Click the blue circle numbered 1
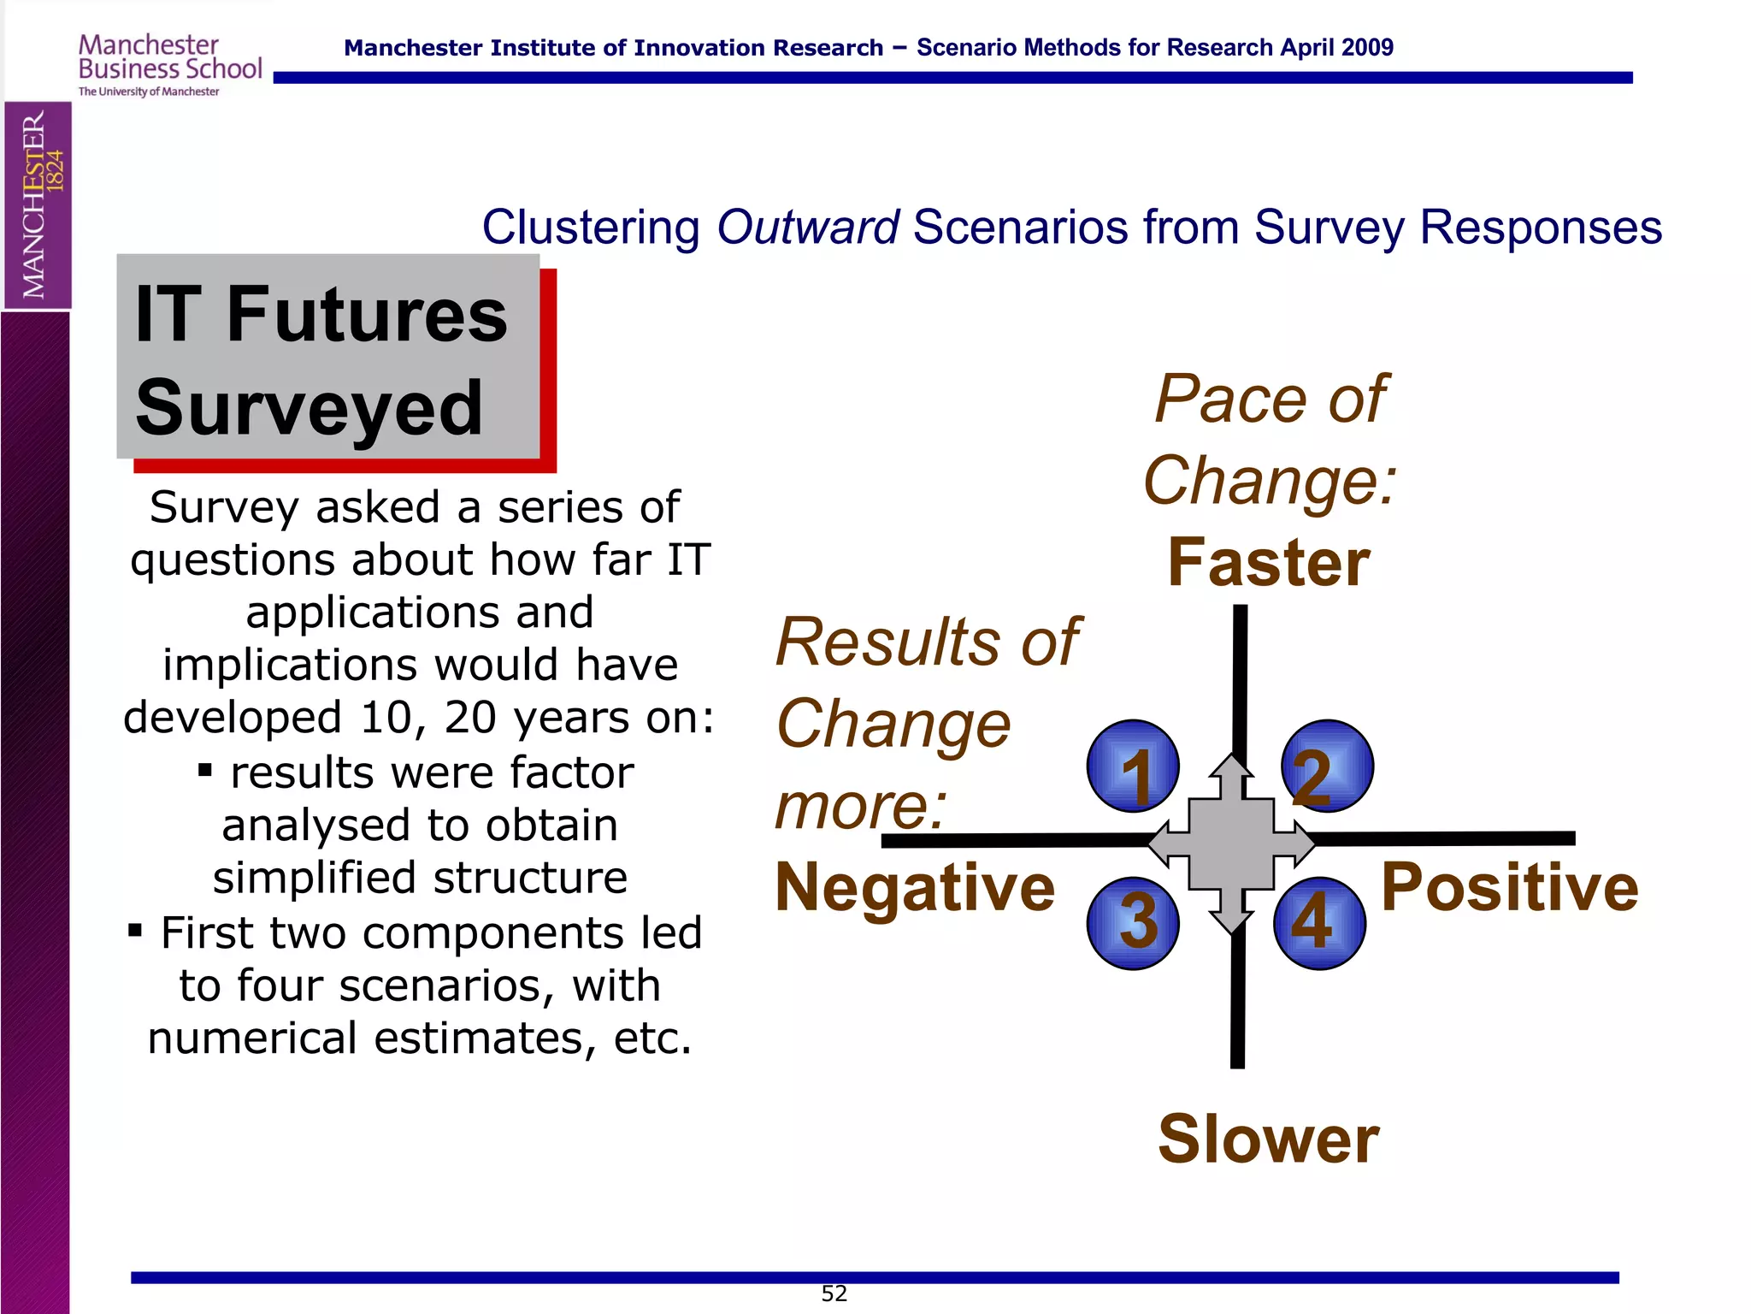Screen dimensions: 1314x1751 tap(1133, 766)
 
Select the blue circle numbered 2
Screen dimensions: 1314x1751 tap(1327, 766)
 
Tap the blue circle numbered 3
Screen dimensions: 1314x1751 tap(1133, 923)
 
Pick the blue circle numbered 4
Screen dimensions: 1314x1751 tap(1319, 923)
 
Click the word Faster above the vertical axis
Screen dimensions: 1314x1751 tap(1269, 563)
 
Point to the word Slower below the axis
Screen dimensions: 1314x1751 tap(1269, 1139)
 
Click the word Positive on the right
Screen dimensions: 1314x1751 tap(1510, 887)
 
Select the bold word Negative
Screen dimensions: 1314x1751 tap(915, 887)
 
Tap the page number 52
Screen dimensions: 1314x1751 tap(834, 1293)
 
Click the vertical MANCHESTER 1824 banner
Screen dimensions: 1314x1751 tap(38, 205)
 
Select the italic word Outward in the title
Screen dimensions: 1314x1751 tap(807, 228)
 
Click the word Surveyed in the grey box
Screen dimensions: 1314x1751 tap(310, 408)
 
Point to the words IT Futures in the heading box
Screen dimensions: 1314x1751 tap(321, 315)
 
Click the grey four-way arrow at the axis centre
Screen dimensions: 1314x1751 tap(1231, 843)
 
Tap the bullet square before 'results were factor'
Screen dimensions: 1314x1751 tap(205, 771)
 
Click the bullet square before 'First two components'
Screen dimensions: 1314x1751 tap(135, 930)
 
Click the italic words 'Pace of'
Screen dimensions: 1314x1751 tap(1271, 399)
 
